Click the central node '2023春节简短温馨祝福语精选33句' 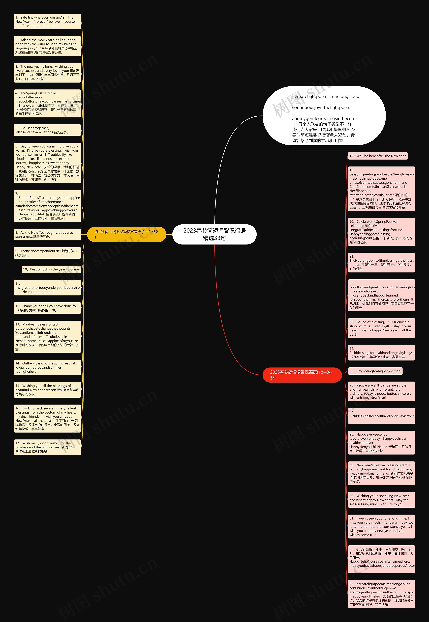point(214,234)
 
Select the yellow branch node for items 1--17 point(127,234)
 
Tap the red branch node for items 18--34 point(302,375)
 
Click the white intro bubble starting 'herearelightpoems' point(324,116)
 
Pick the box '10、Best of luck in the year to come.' point(51,269)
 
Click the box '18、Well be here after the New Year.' point(378,156)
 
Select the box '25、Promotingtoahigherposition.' point(375,371)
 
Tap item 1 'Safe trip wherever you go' point(47,21)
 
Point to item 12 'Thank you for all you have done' point(47,308)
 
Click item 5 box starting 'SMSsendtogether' point(47,130)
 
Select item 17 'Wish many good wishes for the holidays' point(47,447)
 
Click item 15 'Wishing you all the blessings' point(47,390)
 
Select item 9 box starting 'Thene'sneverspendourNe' point(47,253)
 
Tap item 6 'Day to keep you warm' point(47,163)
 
